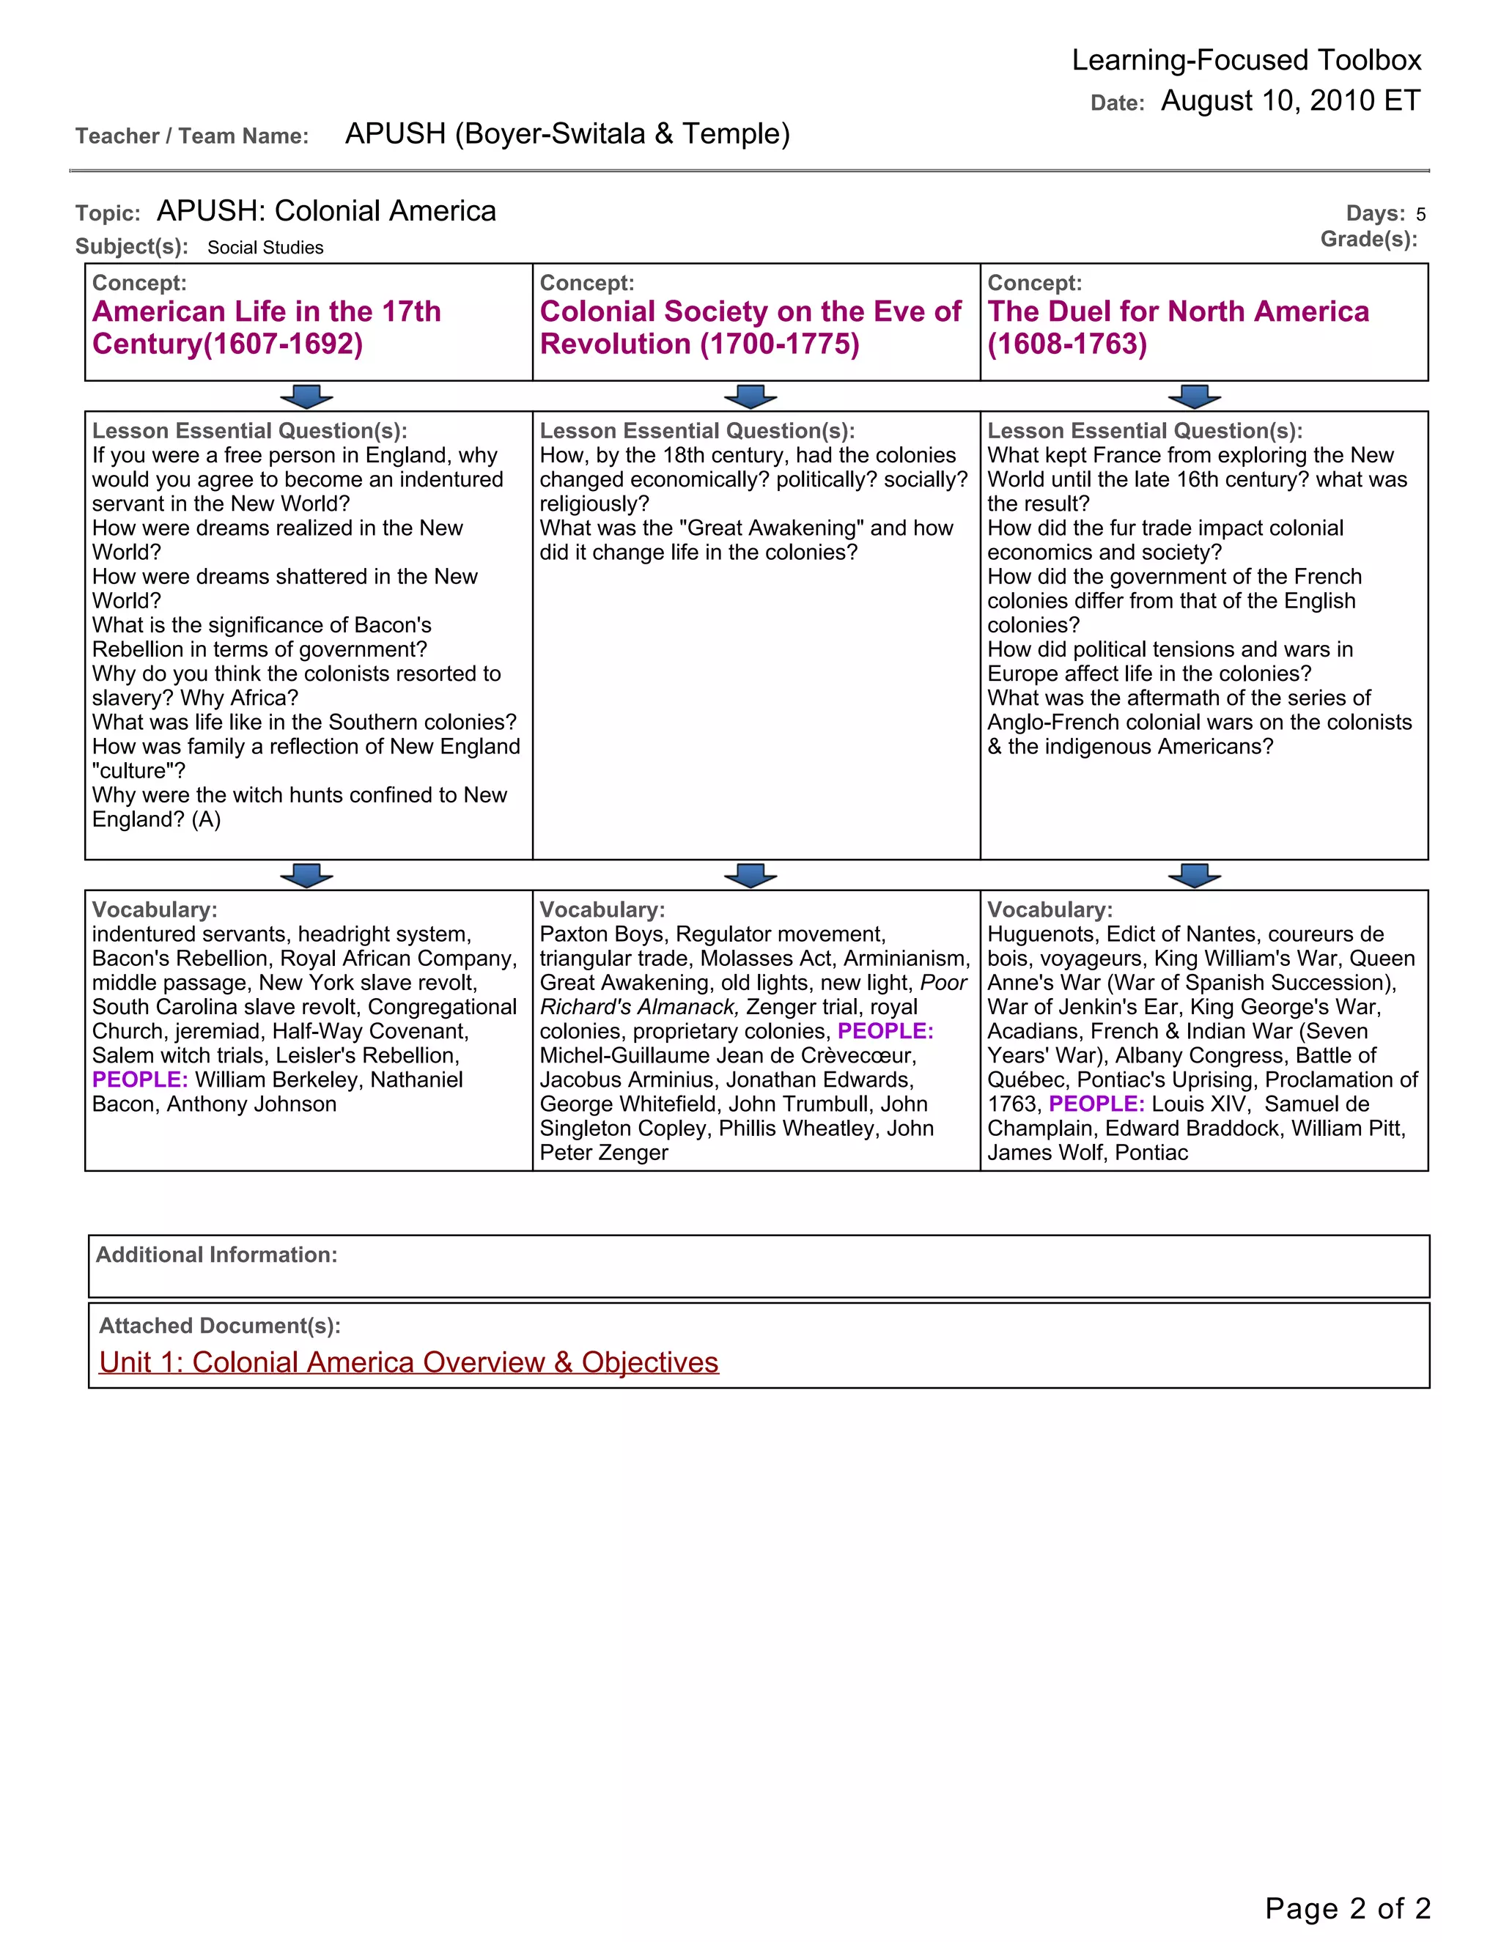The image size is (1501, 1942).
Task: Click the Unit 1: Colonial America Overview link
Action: pos(408,1362)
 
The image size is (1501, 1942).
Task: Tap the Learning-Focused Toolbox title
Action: pos(1246,61)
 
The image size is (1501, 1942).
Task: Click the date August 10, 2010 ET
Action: pos(1290,100)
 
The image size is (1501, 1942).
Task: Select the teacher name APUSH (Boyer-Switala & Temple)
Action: pos(567,133)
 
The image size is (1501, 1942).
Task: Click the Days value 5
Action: pos(1420,214)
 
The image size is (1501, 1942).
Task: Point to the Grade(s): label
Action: pos(1368,239)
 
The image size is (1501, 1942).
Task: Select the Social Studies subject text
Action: pos(265,248)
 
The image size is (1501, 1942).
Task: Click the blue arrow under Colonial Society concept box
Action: pos(750,396)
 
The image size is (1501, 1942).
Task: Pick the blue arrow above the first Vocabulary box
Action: pos(306,876)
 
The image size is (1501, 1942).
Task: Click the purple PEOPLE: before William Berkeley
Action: pos(139,1079)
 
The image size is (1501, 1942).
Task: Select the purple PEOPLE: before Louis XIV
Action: pos(1096,1104)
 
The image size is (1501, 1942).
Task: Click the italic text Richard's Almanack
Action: pos(638,1008)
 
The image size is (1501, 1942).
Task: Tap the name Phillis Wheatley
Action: pos(796,1129)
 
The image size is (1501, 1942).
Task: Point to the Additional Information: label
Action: pos(216,1255)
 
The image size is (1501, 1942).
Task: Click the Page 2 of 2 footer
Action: pos(1347,1908)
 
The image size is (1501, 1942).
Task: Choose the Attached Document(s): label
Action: pos(220,1326)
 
